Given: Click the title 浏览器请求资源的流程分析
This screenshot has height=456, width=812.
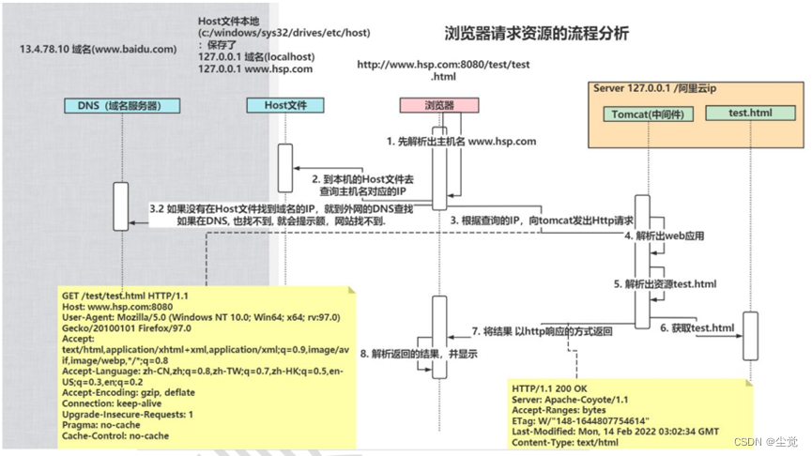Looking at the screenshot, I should (x=536, y=34).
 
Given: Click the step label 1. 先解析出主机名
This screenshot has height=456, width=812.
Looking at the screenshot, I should (x=461, y=142).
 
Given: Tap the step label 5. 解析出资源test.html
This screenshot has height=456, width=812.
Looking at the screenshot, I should (x=666, y=283).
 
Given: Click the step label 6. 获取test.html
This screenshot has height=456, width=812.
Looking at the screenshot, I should (x=696, y=328).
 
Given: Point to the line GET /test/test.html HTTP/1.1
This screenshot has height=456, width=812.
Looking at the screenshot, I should (x=126, y=295).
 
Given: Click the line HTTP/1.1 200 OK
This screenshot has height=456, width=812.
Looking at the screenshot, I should (x=552, y=387).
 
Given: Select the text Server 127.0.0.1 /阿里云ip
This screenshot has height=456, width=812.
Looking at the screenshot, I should (x=654, y=87).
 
